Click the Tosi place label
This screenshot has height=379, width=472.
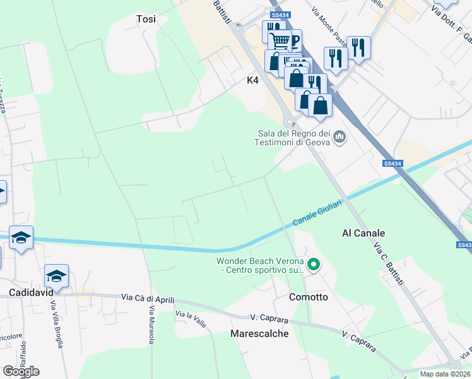click(x=146, y=19)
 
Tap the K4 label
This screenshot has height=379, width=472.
click(x=252, y=81)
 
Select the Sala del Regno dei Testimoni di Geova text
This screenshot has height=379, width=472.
click(x=293, y=138)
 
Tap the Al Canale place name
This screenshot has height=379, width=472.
click(x=363, y=233)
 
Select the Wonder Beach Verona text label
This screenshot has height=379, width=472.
click(x=260, y=266)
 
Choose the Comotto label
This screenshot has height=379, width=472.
click(x=308, y=297)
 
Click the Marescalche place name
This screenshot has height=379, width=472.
click(x=259, y=334)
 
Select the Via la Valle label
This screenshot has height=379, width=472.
click(x=191, y=315)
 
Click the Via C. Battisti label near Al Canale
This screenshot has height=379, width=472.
click(x=388, y=263)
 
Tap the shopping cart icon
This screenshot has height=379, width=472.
click(x=280, y=41)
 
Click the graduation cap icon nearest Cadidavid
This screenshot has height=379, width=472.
click(x=56, y=276)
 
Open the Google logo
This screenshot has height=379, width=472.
click(x=21, y=371)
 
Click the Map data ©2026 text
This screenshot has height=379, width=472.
click(x=445, y=374)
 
